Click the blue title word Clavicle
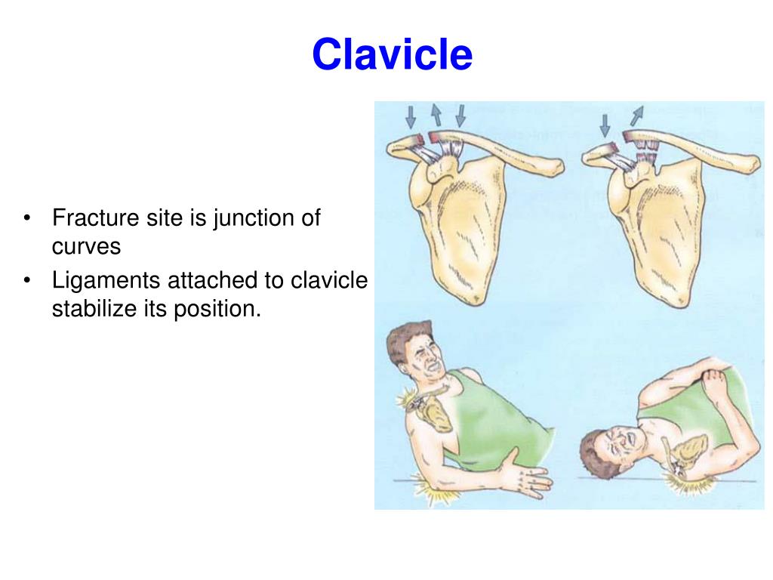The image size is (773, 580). coord(392,55)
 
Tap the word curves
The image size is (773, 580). coord(86,247)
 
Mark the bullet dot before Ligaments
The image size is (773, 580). coord(28,282)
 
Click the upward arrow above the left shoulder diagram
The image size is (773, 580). coord(436,116)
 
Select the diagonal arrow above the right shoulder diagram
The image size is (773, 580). coord(637,116)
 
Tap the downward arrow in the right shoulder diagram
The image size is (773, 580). coord(605,125)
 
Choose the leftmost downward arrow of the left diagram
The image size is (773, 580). coord(411,116)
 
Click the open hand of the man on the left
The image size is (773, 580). coord(528,478)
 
